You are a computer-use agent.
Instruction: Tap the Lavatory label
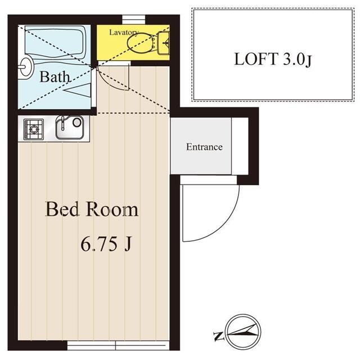pos(123,32)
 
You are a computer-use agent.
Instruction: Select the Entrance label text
pos(204,147)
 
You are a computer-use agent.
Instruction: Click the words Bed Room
pos(92,210)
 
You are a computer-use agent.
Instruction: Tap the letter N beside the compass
pos(218,337)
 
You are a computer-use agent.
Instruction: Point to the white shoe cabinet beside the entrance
pos(240,147)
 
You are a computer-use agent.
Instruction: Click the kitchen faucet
pos(63,121)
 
